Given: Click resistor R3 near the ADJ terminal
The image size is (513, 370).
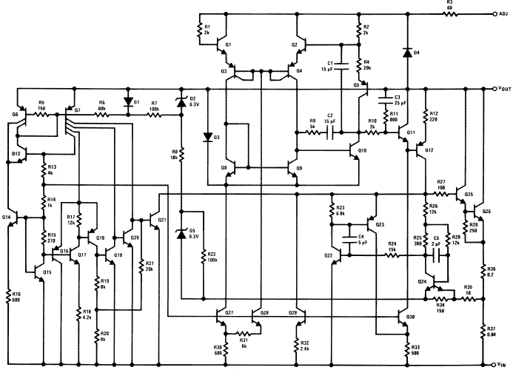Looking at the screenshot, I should [x=449, y=13].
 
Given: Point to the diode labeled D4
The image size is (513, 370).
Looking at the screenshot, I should [x=406, y=53].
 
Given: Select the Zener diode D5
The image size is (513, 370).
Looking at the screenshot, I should [x=181, y=235].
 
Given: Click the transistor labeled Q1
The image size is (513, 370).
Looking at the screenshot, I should [x=224, y=46].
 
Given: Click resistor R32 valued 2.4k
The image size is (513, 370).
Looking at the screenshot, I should [x=298, y=344].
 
